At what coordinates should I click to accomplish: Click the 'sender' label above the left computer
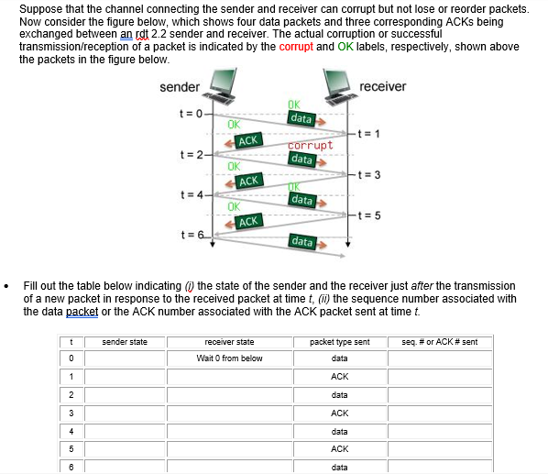point(180,87)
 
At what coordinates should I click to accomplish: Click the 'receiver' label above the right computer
point(383,86)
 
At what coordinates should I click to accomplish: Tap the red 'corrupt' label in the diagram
point(310,145)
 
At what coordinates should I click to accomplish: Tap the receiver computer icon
point(337,88)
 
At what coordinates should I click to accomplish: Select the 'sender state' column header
point(125,342)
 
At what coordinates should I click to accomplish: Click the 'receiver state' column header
point(230,342)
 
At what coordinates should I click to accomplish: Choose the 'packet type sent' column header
point(339,342)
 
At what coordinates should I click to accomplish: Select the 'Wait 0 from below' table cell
point(230,358)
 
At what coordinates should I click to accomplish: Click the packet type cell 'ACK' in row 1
point(339,376)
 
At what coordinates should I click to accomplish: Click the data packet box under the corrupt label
point(302,160)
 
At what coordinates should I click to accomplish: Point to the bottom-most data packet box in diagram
point(302,241)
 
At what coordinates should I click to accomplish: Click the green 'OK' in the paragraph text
point(346,46)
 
